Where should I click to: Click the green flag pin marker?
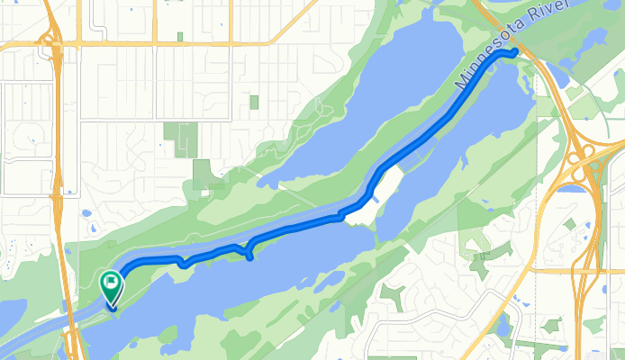110,285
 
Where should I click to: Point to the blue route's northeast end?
514,53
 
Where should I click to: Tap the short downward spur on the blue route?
249,253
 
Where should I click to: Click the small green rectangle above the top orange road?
180,36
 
